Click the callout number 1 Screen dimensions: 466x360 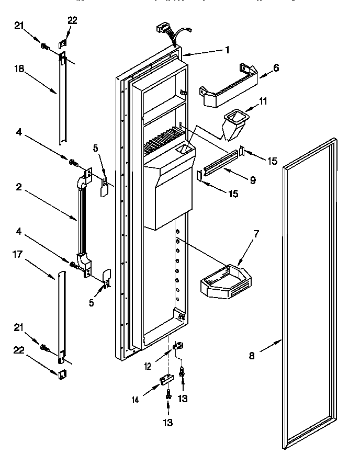pyautogui.click(x=227, y=50)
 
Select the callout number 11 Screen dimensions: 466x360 pyautogui.click(x=263, y=101)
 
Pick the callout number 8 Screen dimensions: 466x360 pyautogui.click(x=252, y=356)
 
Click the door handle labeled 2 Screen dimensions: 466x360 pyautogui.click(x=82, y=220)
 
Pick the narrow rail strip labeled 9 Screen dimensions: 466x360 pyautogui.click(x=219, y=166)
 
